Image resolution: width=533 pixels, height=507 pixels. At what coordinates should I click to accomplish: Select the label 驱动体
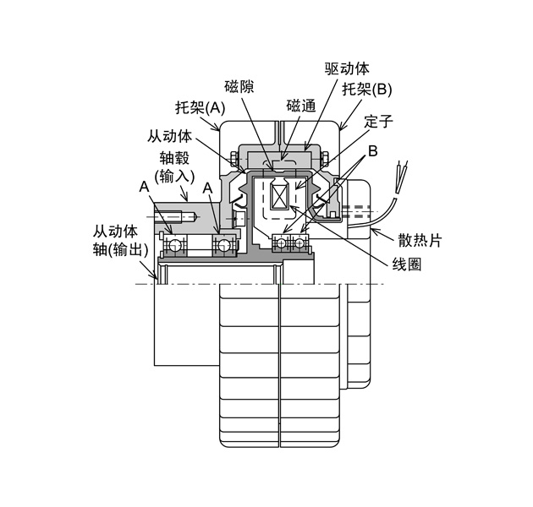pyautogui.click(x=347, y=68)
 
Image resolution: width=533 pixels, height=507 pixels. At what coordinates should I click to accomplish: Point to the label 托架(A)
pyautogui.click(x=201, y=107)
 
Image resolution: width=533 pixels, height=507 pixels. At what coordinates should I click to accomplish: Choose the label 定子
pyautogui.click(x=380, y=121)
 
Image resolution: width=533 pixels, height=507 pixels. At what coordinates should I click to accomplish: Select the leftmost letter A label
pyautogui.click(x=145, y=186)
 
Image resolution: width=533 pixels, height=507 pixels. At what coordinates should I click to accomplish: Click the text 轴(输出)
pyautogui.click(x=121, y=250)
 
